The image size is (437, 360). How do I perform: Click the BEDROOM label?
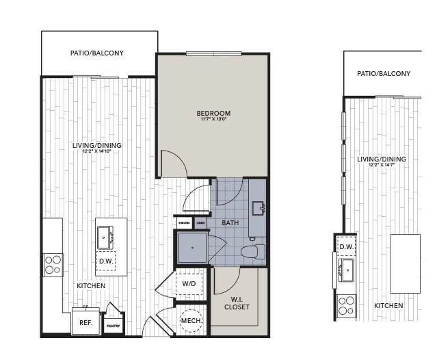[x=213, y=113]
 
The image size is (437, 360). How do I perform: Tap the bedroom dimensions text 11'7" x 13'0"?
[x=213, y=120]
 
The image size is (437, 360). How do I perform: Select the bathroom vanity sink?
[x=258, y=208]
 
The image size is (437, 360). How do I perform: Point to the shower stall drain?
[x=192, y=247]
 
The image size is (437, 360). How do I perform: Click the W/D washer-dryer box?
[x=189, y=283]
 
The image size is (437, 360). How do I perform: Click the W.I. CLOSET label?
[x=237, y=303]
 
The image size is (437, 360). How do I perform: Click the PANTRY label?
[x=113, y=327]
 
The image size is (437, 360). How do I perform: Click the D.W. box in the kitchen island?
[x=105, y=261]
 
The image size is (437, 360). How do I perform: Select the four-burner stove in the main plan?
[x=52, y=264]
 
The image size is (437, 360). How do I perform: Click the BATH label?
[x=230, y=222]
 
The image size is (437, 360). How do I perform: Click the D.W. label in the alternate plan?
[x=346, y=246]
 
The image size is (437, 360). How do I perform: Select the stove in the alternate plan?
[x=346, y=305]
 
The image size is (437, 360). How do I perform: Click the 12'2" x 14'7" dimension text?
[x=382, y=165]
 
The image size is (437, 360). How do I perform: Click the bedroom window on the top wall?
[x=213, y=53]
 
